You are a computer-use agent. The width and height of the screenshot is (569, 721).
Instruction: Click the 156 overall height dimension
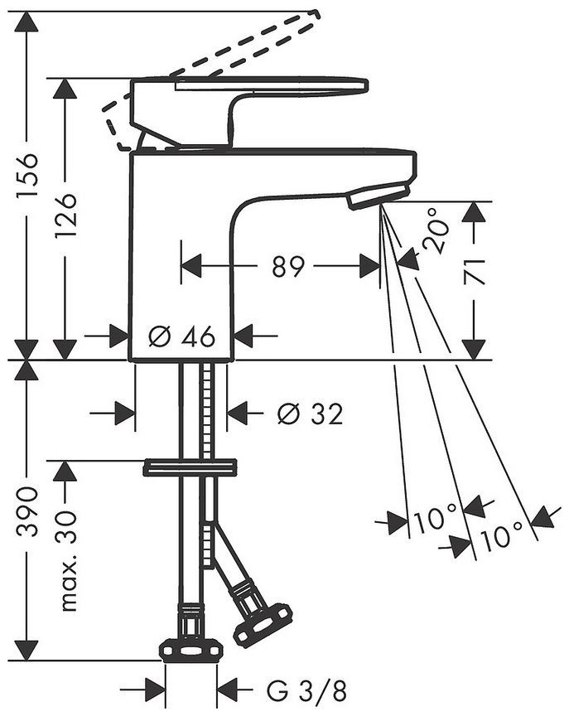27,175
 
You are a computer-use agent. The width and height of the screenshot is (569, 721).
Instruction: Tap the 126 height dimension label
65,215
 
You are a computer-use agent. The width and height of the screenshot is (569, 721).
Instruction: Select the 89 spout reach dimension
287,266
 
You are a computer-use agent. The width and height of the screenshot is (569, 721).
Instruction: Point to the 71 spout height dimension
475,272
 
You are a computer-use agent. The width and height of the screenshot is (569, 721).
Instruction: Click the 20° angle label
434,232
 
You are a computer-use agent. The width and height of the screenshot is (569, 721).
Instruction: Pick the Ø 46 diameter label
182,336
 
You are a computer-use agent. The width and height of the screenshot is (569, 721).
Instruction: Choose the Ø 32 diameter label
311,414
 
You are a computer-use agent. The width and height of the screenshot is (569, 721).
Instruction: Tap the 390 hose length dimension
27,511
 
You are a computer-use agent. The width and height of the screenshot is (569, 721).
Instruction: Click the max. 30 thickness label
67,560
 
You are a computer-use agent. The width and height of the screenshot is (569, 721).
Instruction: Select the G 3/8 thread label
306,690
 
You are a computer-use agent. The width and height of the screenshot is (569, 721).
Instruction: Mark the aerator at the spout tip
378,196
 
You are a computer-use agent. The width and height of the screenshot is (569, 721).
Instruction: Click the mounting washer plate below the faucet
190,467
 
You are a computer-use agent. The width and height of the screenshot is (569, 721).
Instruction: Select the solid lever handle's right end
366,85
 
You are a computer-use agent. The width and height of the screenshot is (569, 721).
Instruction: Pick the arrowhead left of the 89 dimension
191,266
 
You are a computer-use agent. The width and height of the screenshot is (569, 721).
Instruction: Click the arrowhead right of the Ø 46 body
244,336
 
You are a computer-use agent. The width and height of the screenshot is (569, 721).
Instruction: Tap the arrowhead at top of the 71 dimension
475,213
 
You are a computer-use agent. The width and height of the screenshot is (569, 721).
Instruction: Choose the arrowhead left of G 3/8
155,690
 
